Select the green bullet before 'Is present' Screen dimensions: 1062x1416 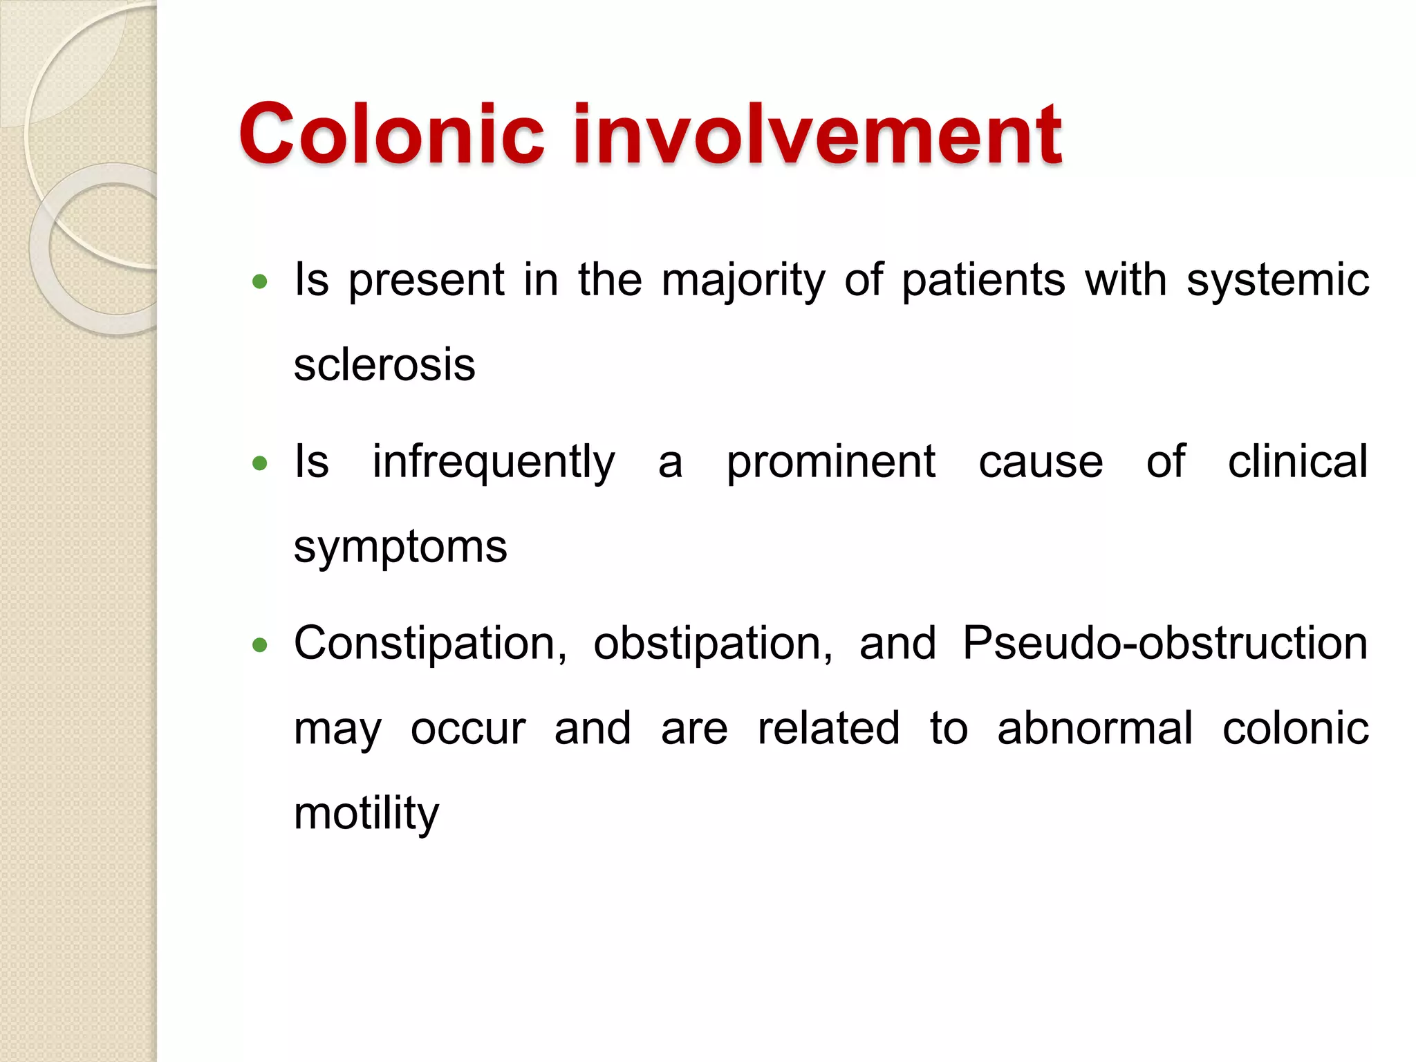pyautogui.click(x=260, y=281)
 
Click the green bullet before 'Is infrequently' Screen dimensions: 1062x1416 pyautogui.click(x=260, y=463)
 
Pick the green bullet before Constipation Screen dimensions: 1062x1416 pyautogui.click(x=260, y=645)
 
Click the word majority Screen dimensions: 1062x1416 pyautogui.click(x=743, y=281)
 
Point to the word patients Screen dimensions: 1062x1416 pyautogui.click(x=983, y=280)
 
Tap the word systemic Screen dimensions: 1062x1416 pyautogui.click(x=1277, y=281)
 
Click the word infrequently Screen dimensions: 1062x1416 pyautogui.click(x=493, y=463)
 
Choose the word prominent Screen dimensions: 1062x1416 pyautogui.click(x=830, y=463)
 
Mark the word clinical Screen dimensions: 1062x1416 pyautogui.click(x=1297, y=461)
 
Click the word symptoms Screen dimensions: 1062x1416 pyautogui.click(x=400, y=548)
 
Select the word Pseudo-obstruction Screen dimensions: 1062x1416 pyautogui.click(x=1164, y=643)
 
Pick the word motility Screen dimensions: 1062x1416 pyautogui.click(x=366, y=814)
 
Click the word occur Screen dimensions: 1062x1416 pyautogui.click(x=468, y=729)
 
